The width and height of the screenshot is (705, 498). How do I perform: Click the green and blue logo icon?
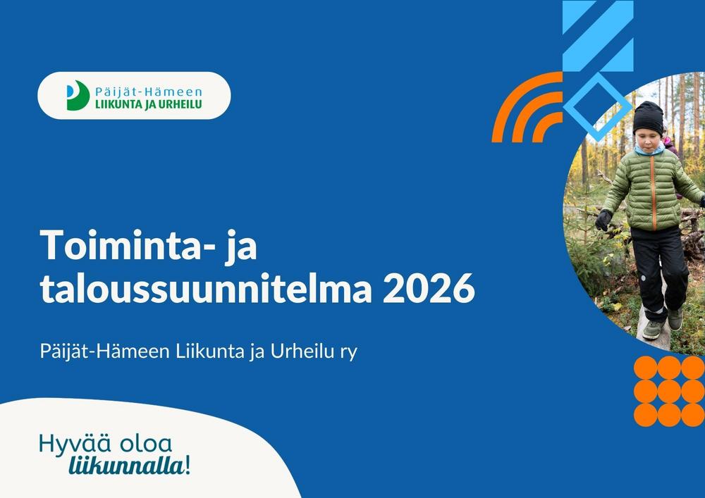pos(77,95)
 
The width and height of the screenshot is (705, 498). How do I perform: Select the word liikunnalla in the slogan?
pos(127,466)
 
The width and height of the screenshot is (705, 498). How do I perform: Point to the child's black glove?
pos(603,220)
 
